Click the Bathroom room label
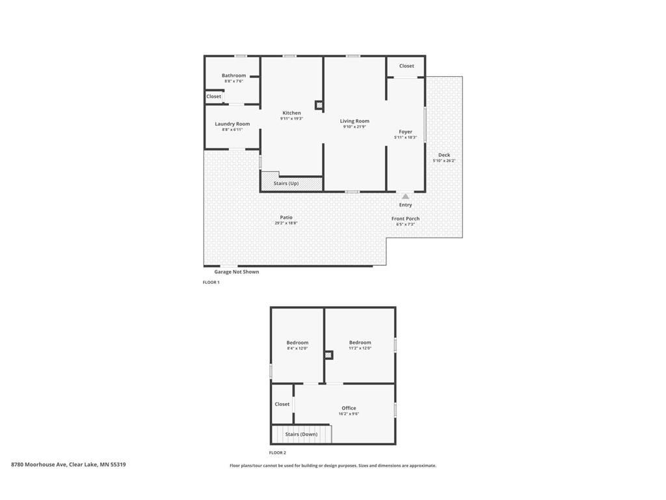pos(233,76)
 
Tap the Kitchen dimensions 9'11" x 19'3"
pos(291,118)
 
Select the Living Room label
pos(354,121)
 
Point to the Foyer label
pos(405,132)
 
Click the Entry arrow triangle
pos(405,195)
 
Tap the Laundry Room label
pos(232,124)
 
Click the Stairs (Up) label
pos(286,184)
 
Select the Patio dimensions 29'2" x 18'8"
pos(286,223)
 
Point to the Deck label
pos(444,155)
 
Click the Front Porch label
pos(405,219)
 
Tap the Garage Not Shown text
pos(237,271)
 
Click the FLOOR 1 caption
pos(211,283)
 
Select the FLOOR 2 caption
pos(278,452)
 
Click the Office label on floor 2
pos(349,408)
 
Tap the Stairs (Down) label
pos(301,434)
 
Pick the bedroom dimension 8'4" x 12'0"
pos(297,348)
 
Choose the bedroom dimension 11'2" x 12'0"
pos(360,348)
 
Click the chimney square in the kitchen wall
pos(319,105)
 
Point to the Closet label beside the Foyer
pos(406,66)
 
